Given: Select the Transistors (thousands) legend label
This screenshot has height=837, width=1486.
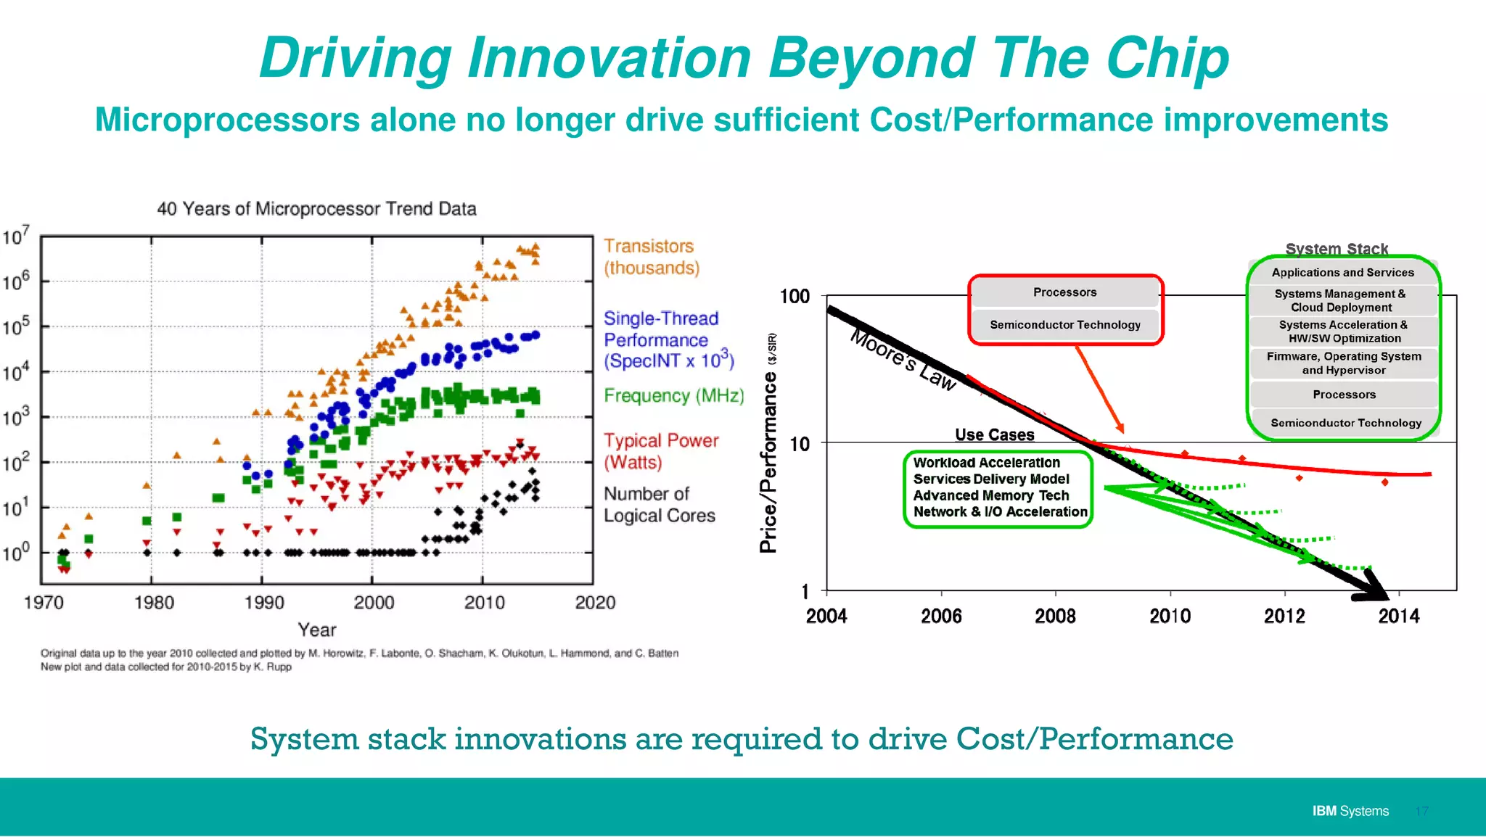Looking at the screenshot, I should (x=651, y=257).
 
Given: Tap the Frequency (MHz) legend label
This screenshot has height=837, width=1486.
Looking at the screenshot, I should (x=673, y=395).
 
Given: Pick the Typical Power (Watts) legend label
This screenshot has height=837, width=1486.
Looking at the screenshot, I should (x=660, y=451).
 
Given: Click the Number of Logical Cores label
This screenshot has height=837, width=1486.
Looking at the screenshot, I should (x=659, y=505).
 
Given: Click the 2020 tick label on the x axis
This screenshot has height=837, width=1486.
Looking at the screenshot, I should (x=594, y=602).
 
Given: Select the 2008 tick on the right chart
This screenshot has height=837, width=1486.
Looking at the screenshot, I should (x=1054, y=616).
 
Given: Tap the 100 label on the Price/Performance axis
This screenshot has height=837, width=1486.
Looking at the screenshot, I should (x=795, y=296).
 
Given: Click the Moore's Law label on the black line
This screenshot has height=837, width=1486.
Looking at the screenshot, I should (x=903, y=360).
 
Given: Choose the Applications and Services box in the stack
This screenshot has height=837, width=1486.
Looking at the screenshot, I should (x=1342, y=273).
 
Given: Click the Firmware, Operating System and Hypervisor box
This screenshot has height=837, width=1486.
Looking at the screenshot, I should (x=1344, y=363).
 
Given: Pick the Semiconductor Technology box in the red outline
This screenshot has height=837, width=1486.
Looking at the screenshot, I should (x=1064, y=325).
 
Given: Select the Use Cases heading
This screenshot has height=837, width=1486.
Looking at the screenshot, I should (x=994, y=434).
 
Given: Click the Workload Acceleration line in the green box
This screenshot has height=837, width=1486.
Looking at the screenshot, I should (x=986, y=463).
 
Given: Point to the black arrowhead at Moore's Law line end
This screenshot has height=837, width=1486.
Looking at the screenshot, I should (x=1374, y=587).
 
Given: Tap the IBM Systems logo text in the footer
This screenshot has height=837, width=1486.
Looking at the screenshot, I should (x=1350, y=811).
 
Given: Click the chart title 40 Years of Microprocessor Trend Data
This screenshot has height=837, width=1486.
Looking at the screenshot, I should (x=316, y=209).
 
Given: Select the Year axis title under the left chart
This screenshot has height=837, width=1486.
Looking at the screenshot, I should (x=317, y=630).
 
